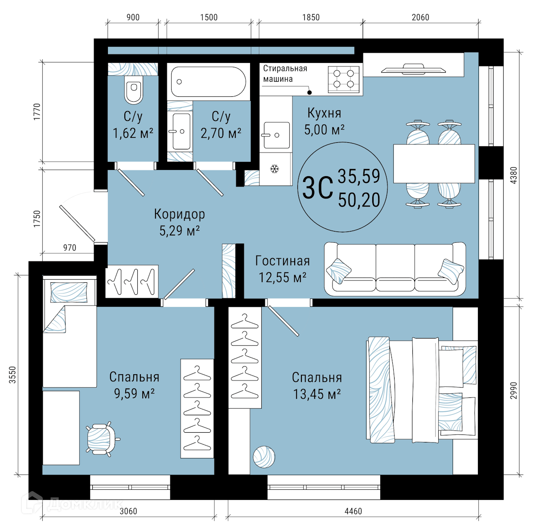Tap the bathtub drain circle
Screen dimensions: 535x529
(179, 82)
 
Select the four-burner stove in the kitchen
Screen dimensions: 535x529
(344, 79)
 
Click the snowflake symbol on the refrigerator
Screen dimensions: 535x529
(275, 169)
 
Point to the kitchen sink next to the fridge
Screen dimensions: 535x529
(276, 135)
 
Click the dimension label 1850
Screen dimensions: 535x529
(311, 17)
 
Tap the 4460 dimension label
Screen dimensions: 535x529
(354, 511)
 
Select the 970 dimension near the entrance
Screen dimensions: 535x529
(70, 248)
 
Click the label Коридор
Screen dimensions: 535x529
(180, 214)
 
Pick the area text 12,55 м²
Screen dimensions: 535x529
(283, 277)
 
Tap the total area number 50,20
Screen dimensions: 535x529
(359, 200)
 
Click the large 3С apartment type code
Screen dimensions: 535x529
(317, 187)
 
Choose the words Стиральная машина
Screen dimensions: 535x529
(285, 74)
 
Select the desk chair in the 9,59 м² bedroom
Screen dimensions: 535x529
(102, 439)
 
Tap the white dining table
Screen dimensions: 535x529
(434, 163)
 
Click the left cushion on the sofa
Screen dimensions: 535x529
(339, 271)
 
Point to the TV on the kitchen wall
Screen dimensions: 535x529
(413, 69)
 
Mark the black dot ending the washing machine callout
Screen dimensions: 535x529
(309, 92)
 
